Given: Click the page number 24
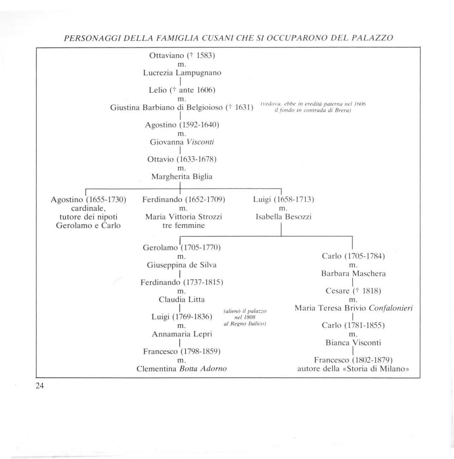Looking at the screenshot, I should coord(39,386).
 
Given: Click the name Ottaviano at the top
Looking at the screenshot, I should coord(167,56).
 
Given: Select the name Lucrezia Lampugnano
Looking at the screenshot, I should coord(182,73).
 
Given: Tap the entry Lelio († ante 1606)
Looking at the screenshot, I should coord(182,90).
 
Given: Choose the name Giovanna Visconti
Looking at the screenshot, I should coord(182,142).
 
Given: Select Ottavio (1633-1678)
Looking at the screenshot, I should coord(182,159).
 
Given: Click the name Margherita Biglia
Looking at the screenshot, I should coord(182,176).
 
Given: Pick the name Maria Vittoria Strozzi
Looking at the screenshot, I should coord(184,217).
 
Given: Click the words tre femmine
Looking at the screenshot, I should coord(184,225).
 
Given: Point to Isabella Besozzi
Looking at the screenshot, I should coord(284,217).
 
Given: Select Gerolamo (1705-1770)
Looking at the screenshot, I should coord(182,248).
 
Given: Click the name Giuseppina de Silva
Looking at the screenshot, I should coord(182,265).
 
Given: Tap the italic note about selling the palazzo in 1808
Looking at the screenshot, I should coord(245,317).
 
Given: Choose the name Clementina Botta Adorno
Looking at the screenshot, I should coord(182,369).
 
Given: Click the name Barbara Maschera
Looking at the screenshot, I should coord(353,273).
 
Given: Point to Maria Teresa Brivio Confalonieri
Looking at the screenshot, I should coord(354,308).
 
